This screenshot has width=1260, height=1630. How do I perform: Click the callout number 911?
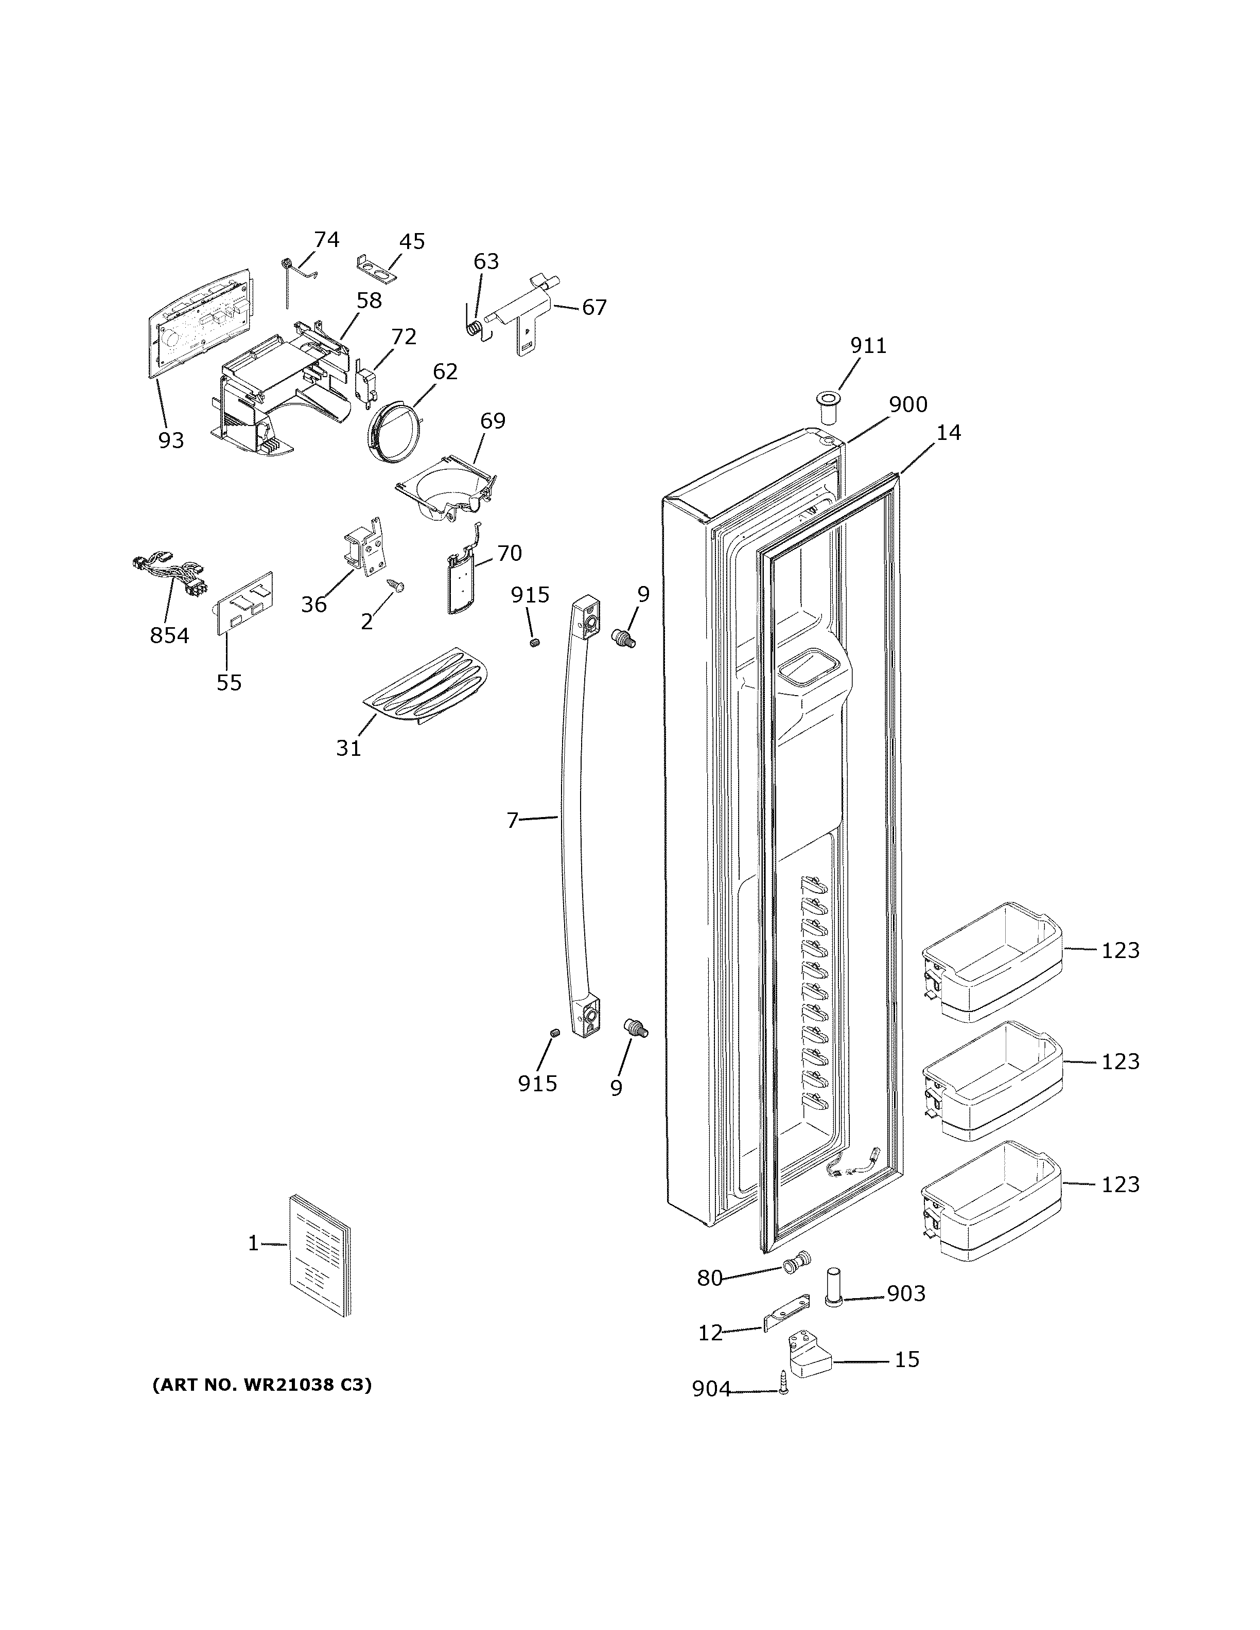868,346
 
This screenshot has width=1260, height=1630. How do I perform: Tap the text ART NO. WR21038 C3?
261,1385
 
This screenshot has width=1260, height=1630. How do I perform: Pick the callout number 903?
906,1294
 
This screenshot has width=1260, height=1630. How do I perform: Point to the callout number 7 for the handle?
512,820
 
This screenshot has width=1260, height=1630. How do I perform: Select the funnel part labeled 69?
446,490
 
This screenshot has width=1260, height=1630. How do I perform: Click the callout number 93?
171,440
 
